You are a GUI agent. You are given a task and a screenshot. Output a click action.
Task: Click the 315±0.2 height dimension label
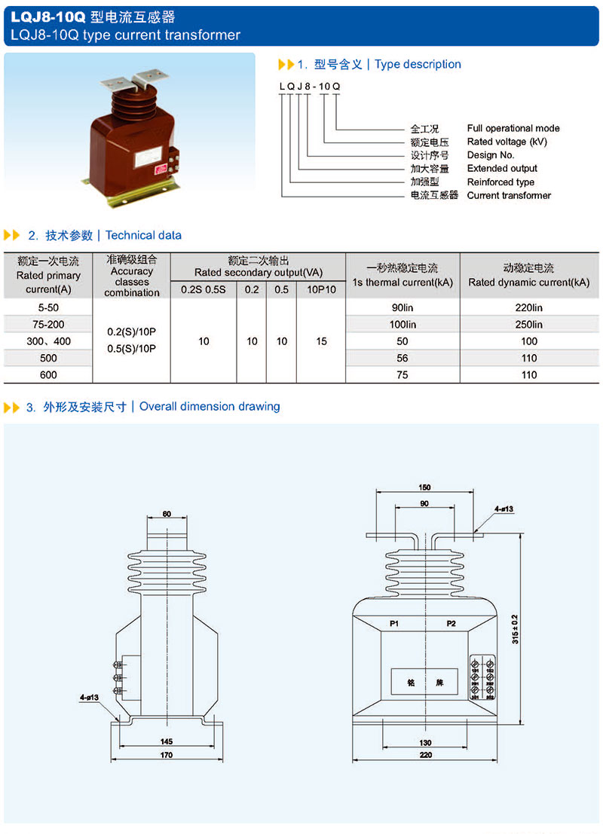[516, 628]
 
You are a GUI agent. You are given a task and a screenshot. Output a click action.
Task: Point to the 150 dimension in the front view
[425, 487]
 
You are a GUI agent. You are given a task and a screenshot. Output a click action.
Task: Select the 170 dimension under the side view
[167, 754]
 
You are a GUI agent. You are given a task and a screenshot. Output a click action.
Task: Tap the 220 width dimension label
[426, 754]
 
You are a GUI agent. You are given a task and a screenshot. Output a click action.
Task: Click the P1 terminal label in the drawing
[394, 624]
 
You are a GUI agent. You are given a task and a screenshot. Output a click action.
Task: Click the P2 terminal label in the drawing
[451, 624]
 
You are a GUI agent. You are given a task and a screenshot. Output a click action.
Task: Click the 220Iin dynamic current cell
[528, 308]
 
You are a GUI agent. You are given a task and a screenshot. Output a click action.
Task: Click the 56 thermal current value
[403, 358]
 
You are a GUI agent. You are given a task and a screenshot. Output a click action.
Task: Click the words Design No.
[491, 155]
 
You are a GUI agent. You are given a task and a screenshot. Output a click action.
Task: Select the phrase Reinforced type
[500, 182]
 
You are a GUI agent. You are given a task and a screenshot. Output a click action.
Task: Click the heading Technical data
[144, 235]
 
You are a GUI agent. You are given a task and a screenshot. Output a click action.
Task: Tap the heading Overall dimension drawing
[210, 407]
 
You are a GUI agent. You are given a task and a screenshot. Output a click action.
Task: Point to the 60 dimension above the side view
[167, 515]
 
